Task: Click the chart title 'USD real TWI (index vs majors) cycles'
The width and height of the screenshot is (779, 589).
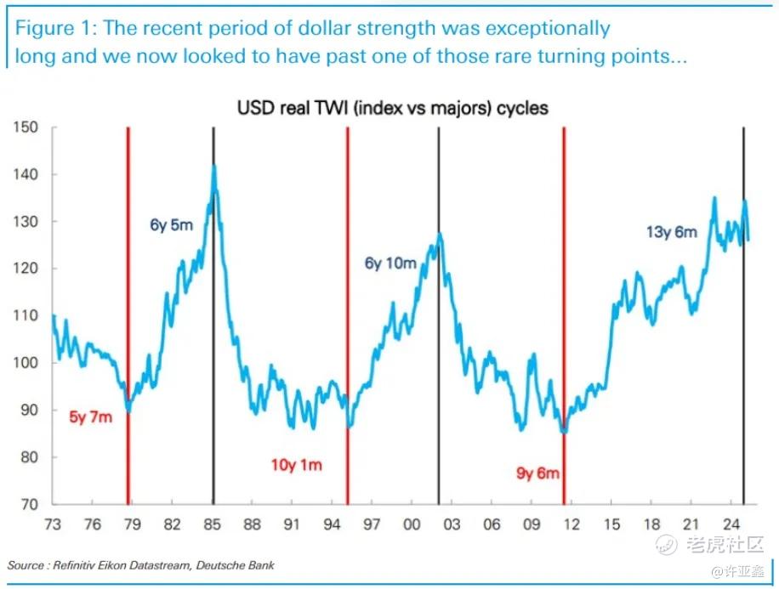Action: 392,108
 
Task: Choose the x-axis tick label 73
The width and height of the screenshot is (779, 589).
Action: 53,524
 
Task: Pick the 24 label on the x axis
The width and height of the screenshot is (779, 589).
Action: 730,524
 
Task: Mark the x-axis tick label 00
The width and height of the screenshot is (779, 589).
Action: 412,524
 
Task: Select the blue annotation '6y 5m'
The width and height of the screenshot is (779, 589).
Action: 171,226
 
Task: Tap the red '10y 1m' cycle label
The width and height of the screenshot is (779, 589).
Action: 296,465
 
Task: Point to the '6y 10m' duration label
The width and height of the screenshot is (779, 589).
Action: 390,263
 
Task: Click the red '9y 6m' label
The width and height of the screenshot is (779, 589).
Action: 537,473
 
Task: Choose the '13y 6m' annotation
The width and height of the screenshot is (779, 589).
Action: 671,231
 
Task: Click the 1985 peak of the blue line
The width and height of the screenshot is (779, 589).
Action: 214,167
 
